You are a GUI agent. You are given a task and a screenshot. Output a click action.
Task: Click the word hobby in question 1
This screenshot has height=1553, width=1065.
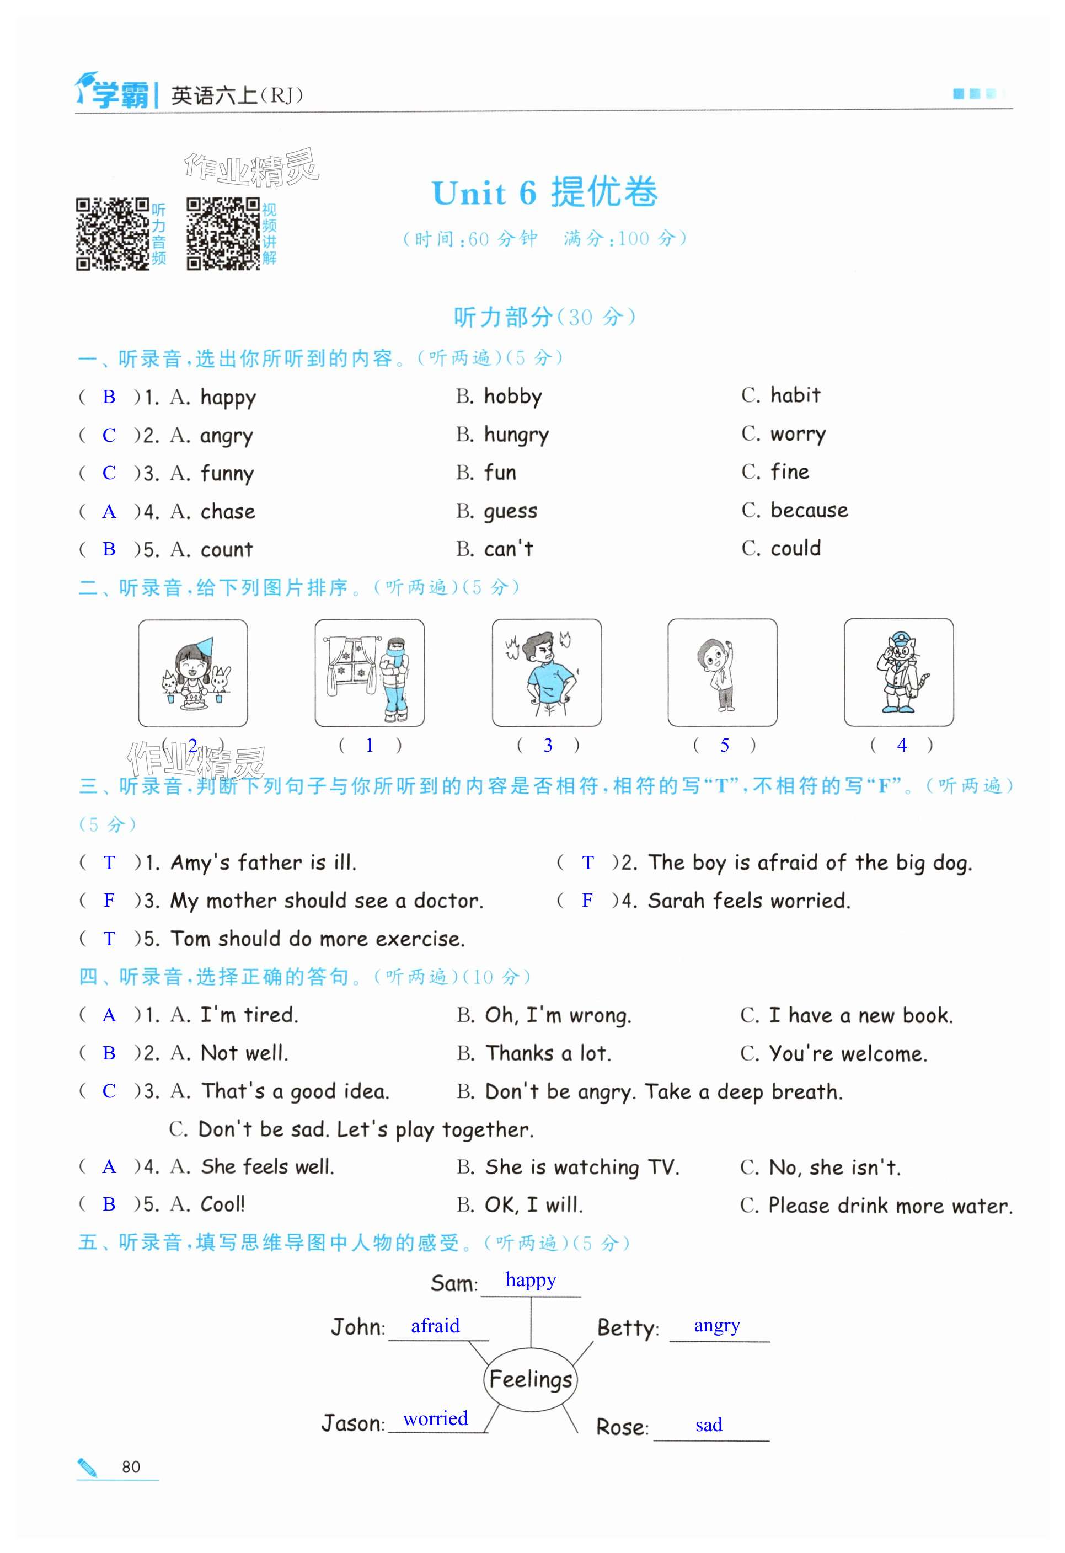point(512,397)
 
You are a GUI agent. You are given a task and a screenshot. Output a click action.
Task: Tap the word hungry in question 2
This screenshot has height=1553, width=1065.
point(516,435)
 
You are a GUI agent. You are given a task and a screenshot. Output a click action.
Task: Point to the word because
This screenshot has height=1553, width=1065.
point(809,511)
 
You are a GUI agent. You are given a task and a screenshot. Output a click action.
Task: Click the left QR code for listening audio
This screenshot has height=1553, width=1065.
point(113,234)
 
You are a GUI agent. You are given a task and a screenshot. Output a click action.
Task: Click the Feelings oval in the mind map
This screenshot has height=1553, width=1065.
point(531,1378)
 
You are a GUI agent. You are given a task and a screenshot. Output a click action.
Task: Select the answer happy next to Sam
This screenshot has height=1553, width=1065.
point(531,1279)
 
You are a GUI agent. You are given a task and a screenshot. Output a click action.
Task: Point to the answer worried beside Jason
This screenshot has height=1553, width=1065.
point(435,1418)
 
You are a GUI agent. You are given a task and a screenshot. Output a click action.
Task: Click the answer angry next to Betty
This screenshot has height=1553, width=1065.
point(717,1325)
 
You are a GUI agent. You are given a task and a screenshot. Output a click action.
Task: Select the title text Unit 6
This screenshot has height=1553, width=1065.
point(484,194)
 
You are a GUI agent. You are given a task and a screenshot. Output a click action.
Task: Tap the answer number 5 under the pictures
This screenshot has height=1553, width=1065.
point(724,746)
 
